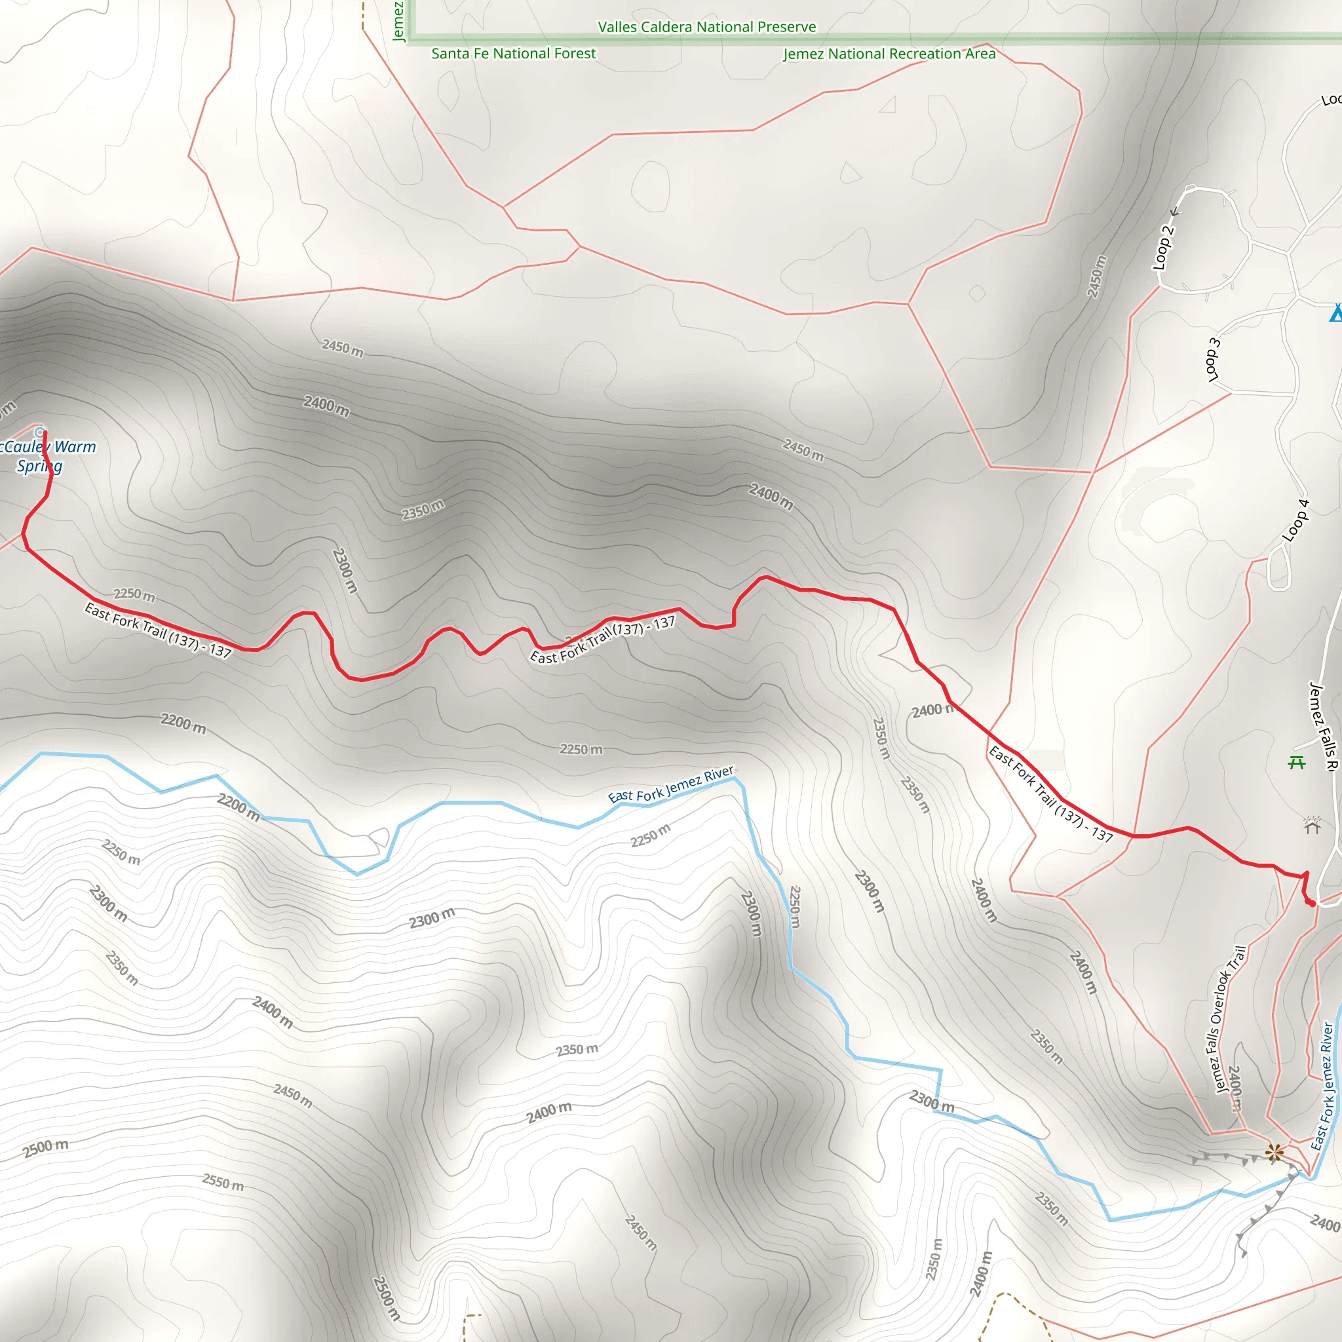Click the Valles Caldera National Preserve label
(x=707, y=27)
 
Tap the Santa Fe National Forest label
(x=513, y=54)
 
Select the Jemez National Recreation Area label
(x=889, y=54)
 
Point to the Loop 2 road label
(x=1163, y=247)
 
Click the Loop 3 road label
(x=1213, y=360)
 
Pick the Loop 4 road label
(x=1295, y=521)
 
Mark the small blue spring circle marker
(x=40, y=432)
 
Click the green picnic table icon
(x=1296, y=763)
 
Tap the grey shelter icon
(x=1311, y=825)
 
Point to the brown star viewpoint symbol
(x=1274, y=1153)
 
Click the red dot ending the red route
(x=1311, y=903)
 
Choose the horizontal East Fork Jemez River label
(x=671, y=784)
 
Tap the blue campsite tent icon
(x=1335, y=313)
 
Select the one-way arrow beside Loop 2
(x=1176, y=212)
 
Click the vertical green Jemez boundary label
(x=398, y=21)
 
